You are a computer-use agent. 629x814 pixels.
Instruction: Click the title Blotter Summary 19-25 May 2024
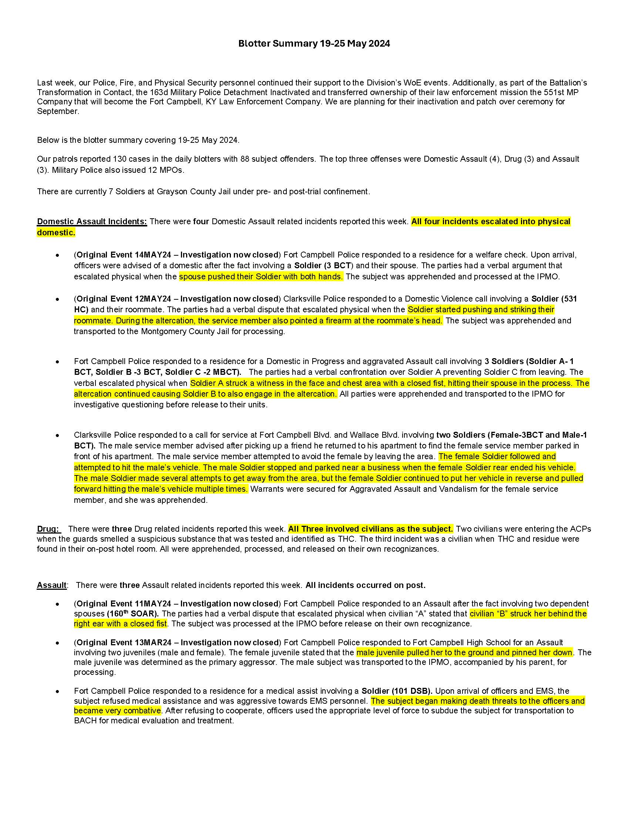pyautogui.click(x=314, y=44)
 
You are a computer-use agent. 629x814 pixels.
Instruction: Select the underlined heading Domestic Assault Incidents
pyautogui.click(x=92, y=221)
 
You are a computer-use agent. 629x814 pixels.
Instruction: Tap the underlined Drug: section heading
pyautogui.click(x=48, y=529)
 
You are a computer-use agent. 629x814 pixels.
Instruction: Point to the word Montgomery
pyautogui.click(x=162, y=332)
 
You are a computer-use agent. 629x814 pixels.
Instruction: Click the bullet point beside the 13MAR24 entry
pyautogui.click(x=57, y=643)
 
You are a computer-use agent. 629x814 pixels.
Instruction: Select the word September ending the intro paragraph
pyautogui.click(x=57, y=111)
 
